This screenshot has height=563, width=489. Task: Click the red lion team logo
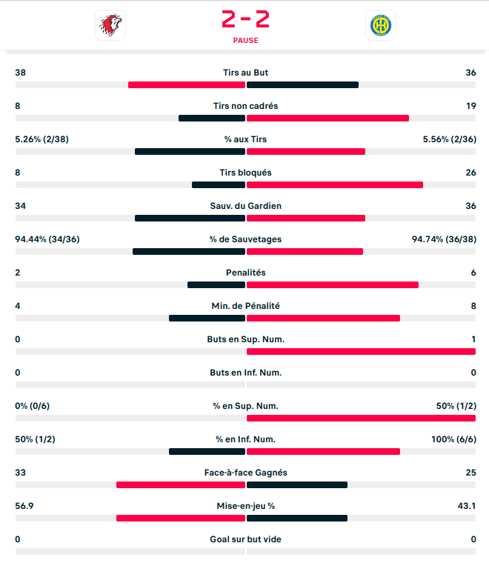pyautogui.click(x=110, y=25)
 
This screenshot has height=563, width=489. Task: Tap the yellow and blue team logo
pyautogui.click(x=381, y=25)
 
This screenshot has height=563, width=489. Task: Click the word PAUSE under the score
pyautogui.click(x=245, y=41)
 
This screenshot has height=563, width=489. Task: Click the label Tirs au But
pyautogui.click(x=245, y=73)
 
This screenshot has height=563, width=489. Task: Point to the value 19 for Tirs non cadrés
pyautogui.click(x=470, y=106)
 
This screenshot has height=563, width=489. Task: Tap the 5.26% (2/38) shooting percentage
pyautogui.click(x=41, y=139)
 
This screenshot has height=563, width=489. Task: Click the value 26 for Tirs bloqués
pyautogui.click(x=470, y=173)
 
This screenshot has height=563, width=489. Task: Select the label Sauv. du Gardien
pyautogui.click(x=245, y=206)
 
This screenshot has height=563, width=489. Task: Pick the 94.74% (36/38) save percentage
pyautogui.click(x=444, y=239)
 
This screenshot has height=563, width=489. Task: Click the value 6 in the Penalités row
pyautogui.click(x=473, y=273)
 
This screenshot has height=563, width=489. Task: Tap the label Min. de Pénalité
pyautogui.click(x=245, y=306)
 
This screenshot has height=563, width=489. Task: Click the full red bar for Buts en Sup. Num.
pyautogui.click(x=361, y=351)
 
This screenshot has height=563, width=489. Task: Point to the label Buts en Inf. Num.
pyautogui.click(x=245, y=373)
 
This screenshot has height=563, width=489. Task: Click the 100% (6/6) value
pyautogui.click(x=453, y=439)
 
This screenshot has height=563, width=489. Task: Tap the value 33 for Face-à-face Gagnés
pyautogui.click(x=20, y=473)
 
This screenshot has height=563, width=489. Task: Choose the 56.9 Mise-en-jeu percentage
pyautogui.click(x=24, y=506)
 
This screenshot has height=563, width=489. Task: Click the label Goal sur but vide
pyautogui.click(x=245, y=539)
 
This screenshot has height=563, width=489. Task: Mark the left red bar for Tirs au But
pyautogui.click(x=186, y=84)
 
